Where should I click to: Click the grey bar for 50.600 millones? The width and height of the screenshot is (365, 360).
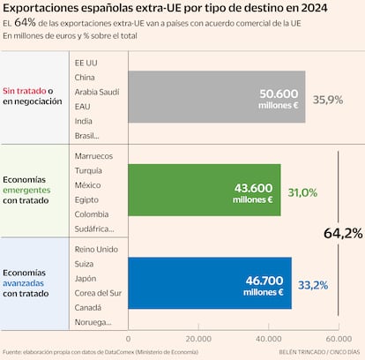pyautogui.click(x=216, y=96)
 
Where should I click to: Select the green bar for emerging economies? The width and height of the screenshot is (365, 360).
pyautogui.click(x=205, y=190)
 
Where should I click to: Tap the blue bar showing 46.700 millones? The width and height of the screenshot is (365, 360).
pyautogui.click(x=210, y=283)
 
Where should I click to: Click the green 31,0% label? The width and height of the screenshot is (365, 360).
pyautogui.click(x=302, y=192)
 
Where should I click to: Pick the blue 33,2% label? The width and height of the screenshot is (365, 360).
pyautogui.click(x=313, y=285)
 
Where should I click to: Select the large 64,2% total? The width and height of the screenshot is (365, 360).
pyautogui.click(x=343, y=234)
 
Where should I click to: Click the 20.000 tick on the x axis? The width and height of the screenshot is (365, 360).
pyautogui.click(x=198, y=338)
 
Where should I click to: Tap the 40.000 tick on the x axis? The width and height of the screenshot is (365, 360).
pyautogui.click(x=268, y=338)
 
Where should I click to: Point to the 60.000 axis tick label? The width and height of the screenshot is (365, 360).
pyautogui.click(x=338, y=338)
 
